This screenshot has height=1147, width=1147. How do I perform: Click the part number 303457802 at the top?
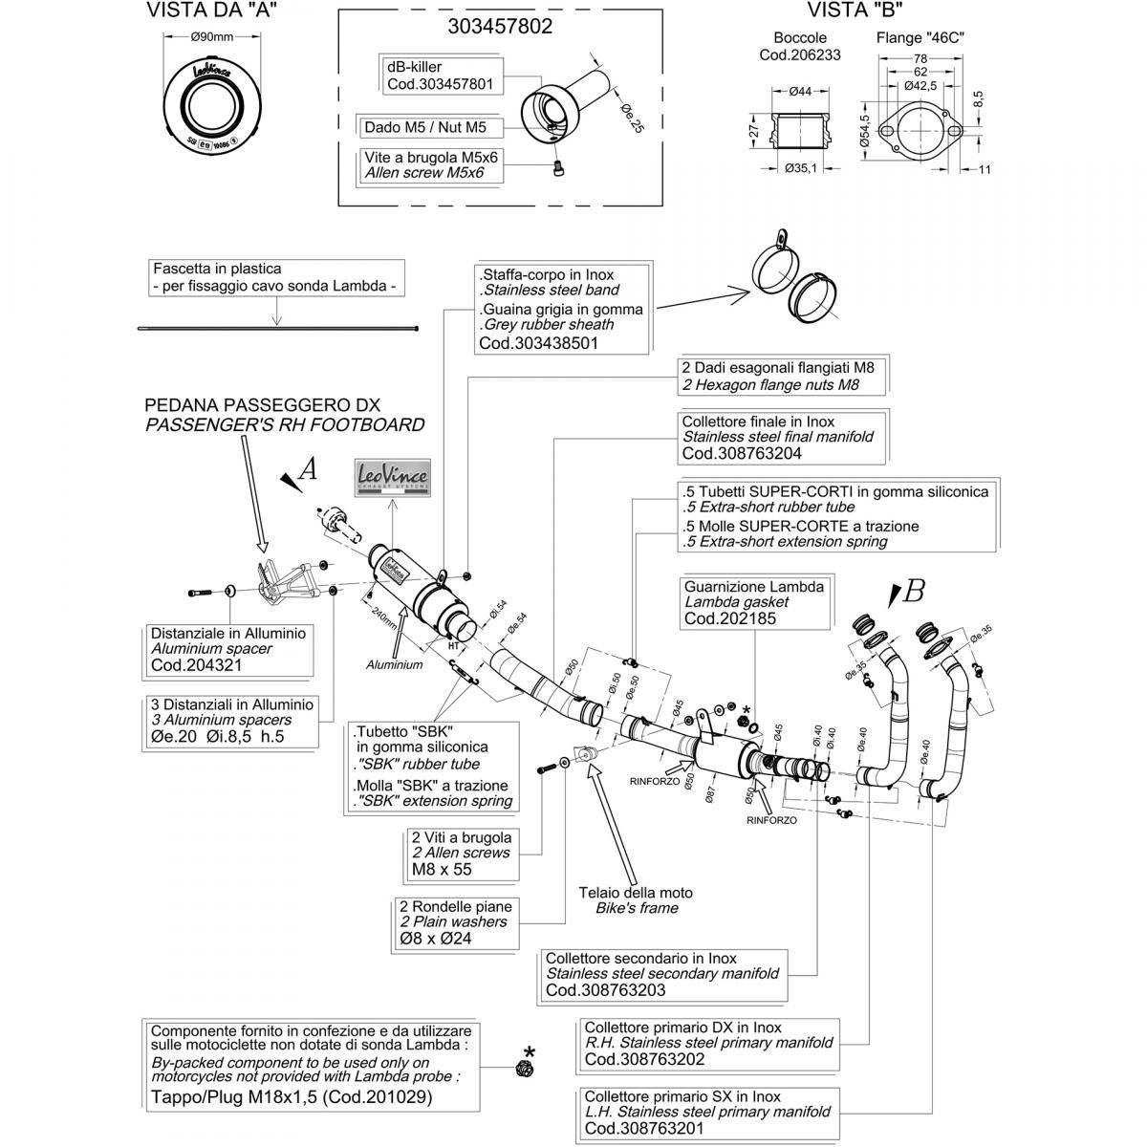500,27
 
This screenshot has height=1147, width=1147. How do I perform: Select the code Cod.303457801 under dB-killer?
440,84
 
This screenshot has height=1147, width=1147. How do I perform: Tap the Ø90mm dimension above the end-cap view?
211,37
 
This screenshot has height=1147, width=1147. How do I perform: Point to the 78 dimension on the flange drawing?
921,58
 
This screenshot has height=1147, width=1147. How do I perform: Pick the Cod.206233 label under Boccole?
800,54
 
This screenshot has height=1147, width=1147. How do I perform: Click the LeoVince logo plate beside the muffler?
393,476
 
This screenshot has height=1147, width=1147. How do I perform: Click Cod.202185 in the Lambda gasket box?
730,618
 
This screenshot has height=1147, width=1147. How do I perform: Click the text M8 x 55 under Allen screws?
442,869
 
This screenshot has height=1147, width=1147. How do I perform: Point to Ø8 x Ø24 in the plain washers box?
436,939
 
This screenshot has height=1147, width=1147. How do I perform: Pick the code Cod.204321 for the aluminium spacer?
196,665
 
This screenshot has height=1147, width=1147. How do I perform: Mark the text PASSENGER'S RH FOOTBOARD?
285,425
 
